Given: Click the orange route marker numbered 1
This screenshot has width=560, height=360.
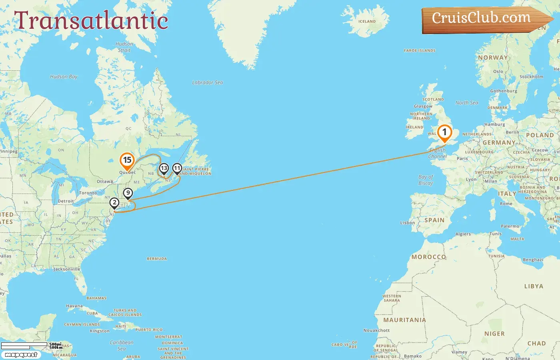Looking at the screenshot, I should tap(444, 132).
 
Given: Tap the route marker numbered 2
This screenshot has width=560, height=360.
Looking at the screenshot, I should tap(114, 202).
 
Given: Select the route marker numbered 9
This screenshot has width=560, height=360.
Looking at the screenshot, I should tap(128, 193).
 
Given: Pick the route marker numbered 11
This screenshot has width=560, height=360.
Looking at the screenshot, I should tap(177, 168).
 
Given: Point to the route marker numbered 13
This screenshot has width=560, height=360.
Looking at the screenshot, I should tap(164, 168).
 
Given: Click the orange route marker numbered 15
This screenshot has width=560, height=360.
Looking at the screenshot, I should tap(127, 160).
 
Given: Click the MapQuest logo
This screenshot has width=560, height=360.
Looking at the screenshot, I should tap(21, 355).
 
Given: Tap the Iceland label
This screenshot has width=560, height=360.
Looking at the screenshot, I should tap(367, 22).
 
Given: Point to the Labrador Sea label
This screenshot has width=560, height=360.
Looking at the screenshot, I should tap(207, 83).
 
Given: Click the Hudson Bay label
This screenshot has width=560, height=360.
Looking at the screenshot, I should tap(64, 77).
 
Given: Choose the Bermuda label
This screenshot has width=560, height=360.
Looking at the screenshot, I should tap(157, 259).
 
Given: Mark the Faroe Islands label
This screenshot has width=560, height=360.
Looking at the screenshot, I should tap(420, 51).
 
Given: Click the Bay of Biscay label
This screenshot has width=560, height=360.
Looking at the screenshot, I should tap(426, 180).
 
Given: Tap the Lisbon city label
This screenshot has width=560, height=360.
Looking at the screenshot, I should tap(407, 223).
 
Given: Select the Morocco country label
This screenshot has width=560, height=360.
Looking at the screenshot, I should tap(428, 257).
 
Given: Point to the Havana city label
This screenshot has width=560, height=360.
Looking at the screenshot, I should tap(74, 306).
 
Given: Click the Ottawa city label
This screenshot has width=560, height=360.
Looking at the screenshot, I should tap(104, 182).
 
